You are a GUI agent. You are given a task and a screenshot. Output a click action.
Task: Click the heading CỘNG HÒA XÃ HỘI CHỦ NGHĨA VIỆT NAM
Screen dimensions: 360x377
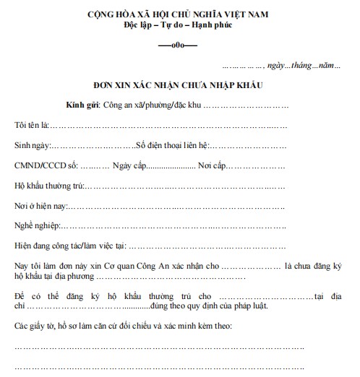pos(179,14)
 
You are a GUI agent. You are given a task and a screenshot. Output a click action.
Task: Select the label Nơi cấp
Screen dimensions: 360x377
pos(215,165)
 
